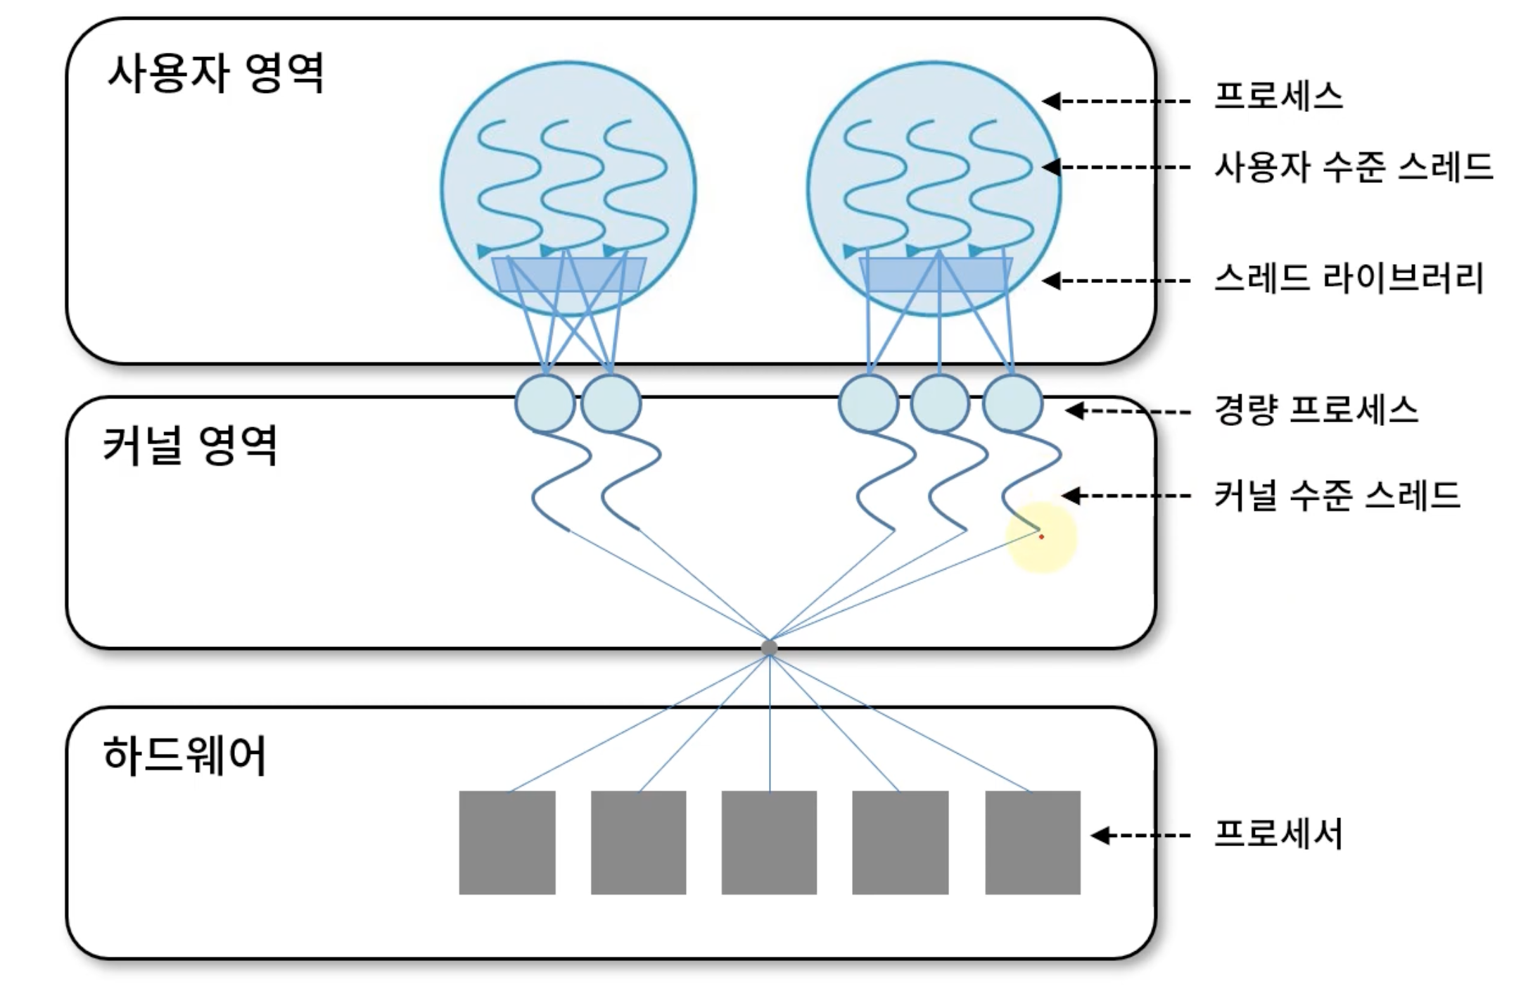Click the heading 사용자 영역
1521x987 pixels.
(x=215, y=73)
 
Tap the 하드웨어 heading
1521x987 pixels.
(x=184, y=755)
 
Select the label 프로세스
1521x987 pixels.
(x=1278, y=96)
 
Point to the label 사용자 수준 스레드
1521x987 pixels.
(x=1354, y=167)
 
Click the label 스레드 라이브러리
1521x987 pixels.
(x=1349, y=278)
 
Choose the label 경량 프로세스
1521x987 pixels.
(x=1316, y=410)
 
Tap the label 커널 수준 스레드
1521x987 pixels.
(x=1337, y=495)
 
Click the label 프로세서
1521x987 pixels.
(x=1278, y=834)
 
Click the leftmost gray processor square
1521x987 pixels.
(x=507, y=843)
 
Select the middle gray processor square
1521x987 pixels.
(x=769, y=843)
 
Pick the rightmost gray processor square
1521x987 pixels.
(x=1033, y=843)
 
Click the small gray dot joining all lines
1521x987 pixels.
(x=770, y=648)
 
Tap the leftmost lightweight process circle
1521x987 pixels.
(x=545, y=403)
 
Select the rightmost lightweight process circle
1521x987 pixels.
(x=1012, y=403)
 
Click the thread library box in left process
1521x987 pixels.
(x=568, y=275)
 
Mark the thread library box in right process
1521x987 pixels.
(x=936, y=275)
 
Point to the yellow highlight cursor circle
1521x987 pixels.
(x=1042, y=537)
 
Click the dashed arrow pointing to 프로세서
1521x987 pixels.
(x=1140, y=836)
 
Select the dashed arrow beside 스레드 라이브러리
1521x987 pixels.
(x=1116, y=281)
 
